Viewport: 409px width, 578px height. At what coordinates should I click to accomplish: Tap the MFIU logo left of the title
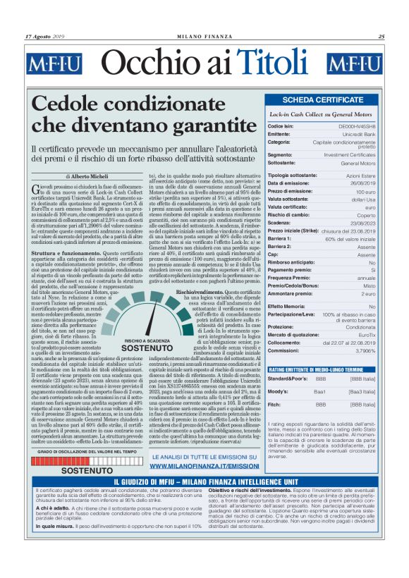[x=54, y=64]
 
